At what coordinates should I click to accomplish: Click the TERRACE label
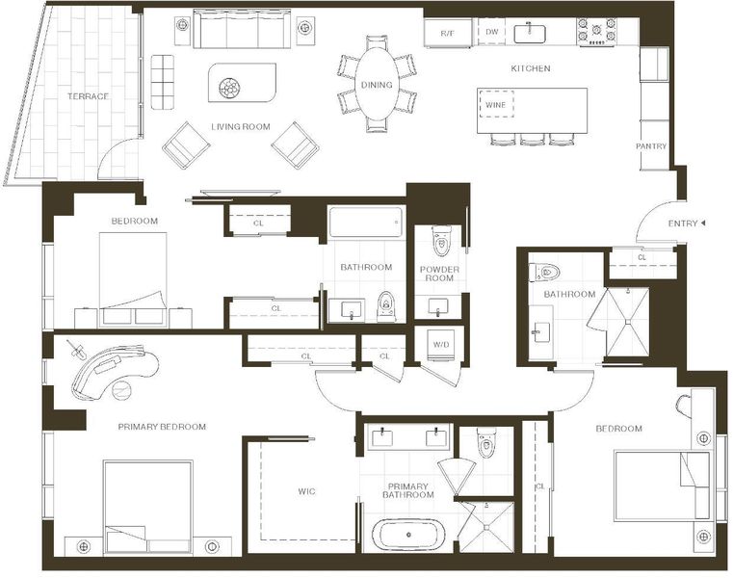[x=88, y=96]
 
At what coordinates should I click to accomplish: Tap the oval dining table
[x=377, y=85]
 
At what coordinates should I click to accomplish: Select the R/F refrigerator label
[x=447, y=33]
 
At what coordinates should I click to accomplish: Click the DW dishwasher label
[x=492, y=32]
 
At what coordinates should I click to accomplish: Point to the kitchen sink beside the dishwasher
[x=530, y=34]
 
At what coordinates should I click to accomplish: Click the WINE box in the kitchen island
[x=495, y=105]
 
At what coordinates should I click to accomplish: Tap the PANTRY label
[x=651, y=146]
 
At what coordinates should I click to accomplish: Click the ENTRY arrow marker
[x=702, y=223]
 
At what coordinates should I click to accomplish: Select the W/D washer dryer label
[x=441, y=345]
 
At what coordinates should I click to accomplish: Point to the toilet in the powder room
[x=441, y=241]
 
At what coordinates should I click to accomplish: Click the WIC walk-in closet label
[x=306, y=491]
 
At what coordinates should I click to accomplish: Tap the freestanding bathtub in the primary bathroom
[x=408, y=535]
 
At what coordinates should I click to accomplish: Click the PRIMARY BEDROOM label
[x=162, y=427]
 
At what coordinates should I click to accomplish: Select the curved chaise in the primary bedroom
[x=115, y=372]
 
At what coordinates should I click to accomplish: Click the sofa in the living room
[x=242, y=29]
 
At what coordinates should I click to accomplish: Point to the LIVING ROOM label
[x=240, y=127]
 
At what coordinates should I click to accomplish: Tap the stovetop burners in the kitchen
[x=596, y=32]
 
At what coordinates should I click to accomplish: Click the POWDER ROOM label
[x=439, y=274]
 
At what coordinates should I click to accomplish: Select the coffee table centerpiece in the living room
[x=229, y=88]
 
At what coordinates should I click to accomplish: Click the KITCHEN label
[x=531, y=68]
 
